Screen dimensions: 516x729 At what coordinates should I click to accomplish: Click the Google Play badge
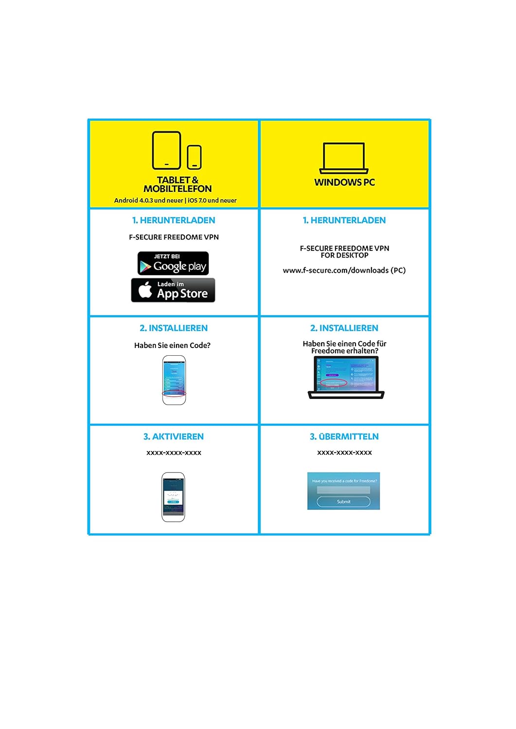pyautogui.click(x=173, y=263)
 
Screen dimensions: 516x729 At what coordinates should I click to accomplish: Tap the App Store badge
pyautogui.click(x=173, y=290)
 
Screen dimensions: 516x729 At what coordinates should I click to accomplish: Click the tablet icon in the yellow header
pyautogui.click(x=166, y=150)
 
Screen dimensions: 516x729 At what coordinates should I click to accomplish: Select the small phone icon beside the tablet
pyautogui.click(x=195, y=157)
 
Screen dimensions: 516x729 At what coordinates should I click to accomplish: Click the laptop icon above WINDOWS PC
pyautogui.click(x=344, y=157)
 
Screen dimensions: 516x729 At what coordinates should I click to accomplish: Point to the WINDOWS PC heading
pyautogui.click(x=344, y=182)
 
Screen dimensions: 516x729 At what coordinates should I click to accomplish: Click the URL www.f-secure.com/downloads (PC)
pyautogui.click(x=344, y=270)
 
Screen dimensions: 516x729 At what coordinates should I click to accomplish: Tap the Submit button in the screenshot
pyautogui.click(x=343, y=502)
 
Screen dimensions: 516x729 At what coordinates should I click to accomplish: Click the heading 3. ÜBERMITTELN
pyautogui.click(x=344, y=436)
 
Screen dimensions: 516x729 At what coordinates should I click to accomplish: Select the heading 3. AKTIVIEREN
pyautogui.click(x=174, y=436)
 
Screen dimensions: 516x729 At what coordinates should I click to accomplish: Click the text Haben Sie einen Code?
pyautogui.click(x=173, y=346)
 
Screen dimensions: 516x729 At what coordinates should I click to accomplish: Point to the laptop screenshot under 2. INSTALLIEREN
pyautogui.click(x=346, y=378)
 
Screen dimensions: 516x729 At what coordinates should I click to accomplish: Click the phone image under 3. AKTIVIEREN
pyautogui.click(x=173, y=497)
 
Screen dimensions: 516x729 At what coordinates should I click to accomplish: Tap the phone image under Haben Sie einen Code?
pyautogui.click(x=174, y=380)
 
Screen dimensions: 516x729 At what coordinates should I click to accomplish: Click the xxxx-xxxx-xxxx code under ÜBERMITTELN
pyautogui.click(x=344, y=452)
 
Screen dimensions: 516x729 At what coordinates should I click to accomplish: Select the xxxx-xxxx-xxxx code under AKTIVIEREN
pyautogui.click(x=174, y=452)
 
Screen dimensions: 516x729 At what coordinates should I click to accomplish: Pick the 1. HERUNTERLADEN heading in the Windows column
pyautogui.click(x=344, y=220)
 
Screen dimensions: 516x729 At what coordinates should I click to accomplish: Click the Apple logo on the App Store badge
pyautogui.click(x=145, y=290)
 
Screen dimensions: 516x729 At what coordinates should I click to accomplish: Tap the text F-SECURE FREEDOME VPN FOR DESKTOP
pyautogui.click(x=344, y=252)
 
